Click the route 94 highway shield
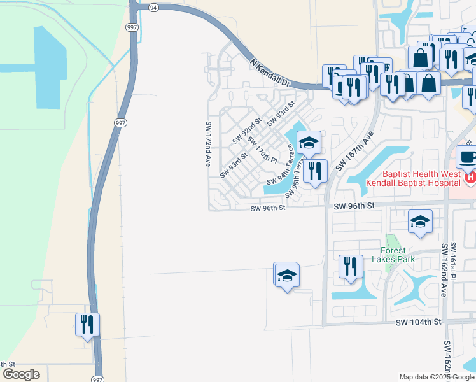(x=153, y=7)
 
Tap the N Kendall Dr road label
(x=270, y=73)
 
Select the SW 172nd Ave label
(x=208, y=144)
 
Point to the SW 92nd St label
(x=247, y=130)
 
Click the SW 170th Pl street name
(x=262, y=150)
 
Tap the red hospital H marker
(x=470, y=178)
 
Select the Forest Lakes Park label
(x=398, y=255)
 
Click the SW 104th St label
(x=418, y=322)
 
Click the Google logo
(x=21, y=374)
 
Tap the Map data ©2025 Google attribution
(x=436, y=377)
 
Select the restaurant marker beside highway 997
(x=87, y=324)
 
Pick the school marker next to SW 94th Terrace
(x=309, y=143)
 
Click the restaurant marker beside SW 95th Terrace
(x=315, y=171)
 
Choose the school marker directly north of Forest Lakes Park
(x=421, y=222)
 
